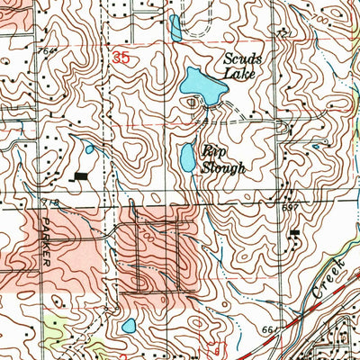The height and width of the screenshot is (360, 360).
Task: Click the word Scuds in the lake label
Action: tap(242, 60)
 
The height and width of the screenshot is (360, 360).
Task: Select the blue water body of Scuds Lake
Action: tap(203, 85)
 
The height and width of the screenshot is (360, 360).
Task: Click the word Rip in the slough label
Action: tap(212, 152)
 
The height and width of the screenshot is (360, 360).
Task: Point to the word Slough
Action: tap(224, 167)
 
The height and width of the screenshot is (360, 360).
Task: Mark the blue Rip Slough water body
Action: tap(187, 158)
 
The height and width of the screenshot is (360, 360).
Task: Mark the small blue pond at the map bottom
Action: tap(129, 325)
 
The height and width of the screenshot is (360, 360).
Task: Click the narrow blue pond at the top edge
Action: tap(175, 28)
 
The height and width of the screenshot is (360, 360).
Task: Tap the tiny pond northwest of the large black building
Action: tap(89, 149)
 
